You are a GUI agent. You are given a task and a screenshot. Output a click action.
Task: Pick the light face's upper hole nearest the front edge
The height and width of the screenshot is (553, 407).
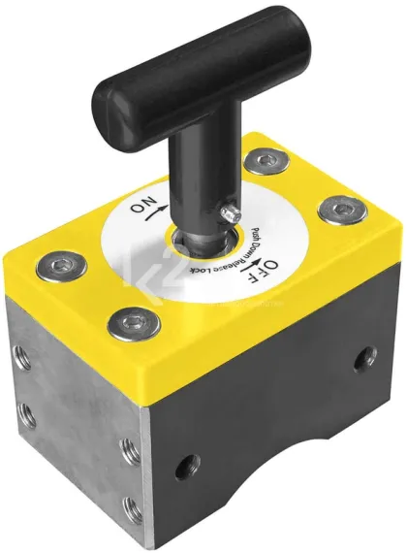point(126,447)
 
